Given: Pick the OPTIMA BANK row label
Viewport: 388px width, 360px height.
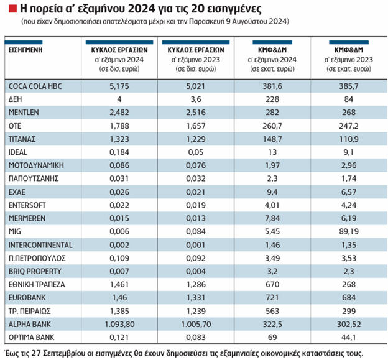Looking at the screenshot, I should [30, 338].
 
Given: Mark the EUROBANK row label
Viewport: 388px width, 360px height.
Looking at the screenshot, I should [26, 298].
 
